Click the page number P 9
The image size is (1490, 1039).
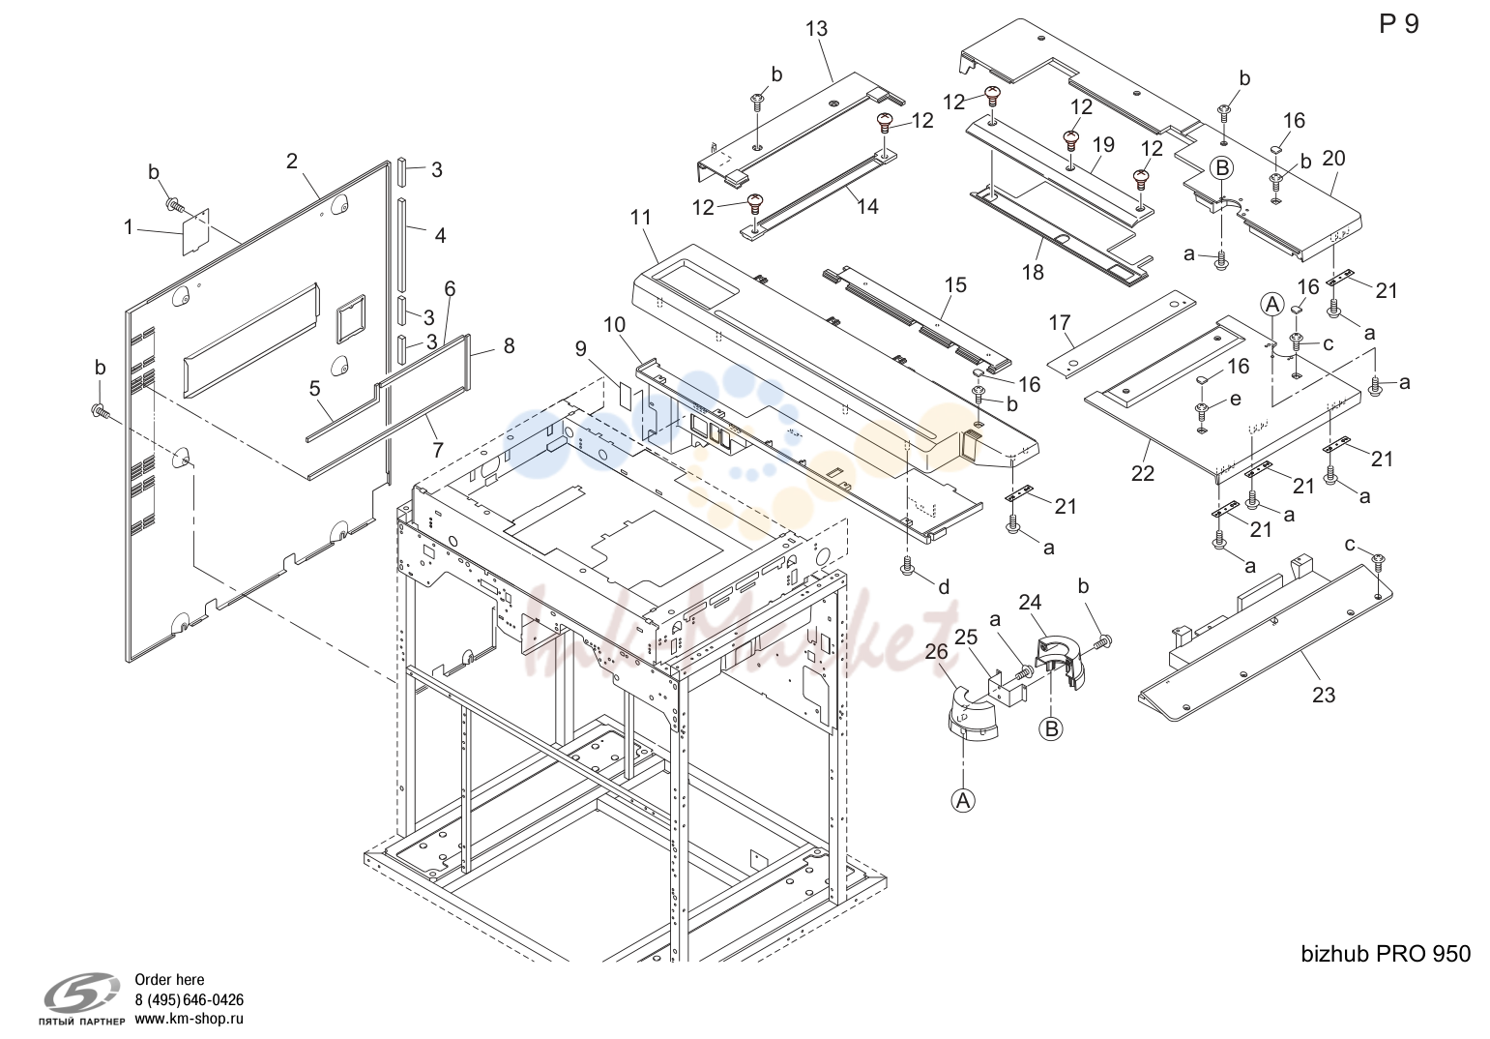[1399, 24]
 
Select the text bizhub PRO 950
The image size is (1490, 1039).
[1386, 954]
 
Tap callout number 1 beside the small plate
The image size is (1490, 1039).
[129, 227]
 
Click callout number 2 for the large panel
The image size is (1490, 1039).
[291, 161]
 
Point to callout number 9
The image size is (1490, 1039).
[581, 348]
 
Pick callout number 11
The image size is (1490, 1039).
[641, 217]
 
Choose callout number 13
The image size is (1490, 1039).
[816, 29]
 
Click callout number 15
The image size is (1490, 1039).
[955, 284]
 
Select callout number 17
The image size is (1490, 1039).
[1060, 323]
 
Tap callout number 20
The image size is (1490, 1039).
[1333, 159]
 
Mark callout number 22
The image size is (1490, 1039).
[1143, 473]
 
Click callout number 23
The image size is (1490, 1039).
[1324, 695]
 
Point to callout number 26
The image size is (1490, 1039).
[937, 651]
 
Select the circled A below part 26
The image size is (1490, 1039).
[963, 801]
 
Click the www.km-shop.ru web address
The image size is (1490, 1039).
[189, 1019]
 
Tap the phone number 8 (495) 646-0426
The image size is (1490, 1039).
[189, 999]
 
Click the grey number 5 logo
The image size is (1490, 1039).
[81, 994]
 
